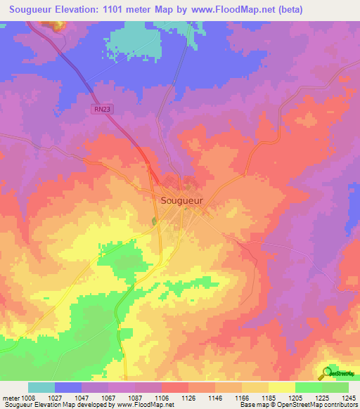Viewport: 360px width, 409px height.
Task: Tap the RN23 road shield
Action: pyautogui.click(x=101, y=109)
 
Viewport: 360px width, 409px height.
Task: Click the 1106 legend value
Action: pyautogui.click(x=161, y=397)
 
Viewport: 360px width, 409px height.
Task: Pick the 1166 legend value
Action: pyautogui.click(x=242, y=397)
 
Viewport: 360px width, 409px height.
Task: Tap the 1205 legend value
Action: pyautogui.click(x=295, y=397)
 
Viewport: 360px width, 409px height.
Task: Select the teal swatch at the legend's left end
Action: pyautogui.click(x=41, y=387)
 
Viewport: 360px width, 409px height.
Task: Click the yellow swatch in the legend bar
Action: pyautogui.click(x=281, y=387)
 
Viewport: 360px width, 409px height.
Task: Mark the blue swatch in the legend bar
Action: pyautogui.click(x=68, y=387)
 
